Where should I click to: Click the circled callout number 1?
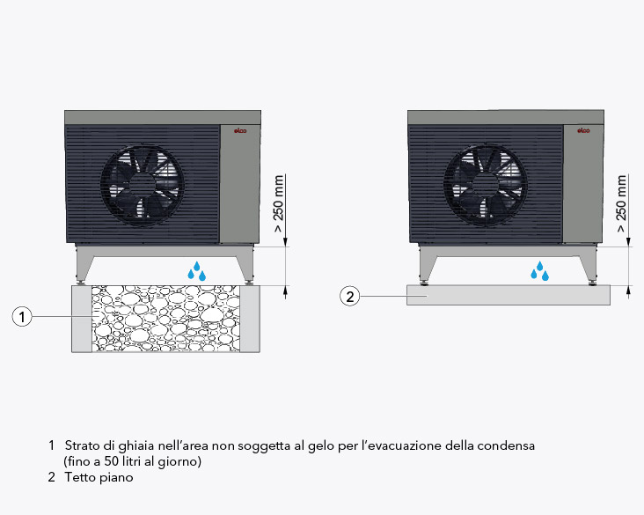point(22,316)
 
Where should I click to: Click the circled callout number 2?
point(349,296)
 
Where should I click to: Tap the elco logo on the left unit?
point(240,130)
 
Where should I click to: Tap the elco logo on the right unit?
point(583,130)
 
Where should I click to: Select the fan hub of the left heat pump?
point(143,185)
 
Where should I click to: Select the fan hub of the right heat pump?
point(486,185)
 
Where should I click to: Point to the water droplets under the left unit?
point(197,271)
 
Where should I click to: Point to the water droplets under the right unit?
point(539,271)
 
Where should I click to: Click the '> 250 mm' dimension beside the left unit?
point(279,203)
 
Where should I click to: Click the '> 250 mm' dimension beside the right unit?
point(621,203)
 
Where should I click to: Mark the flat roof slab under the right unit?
point(508,295)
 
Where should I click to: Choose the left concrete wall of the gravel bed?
point(82,319)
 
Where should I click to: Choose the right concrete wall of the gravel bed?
point(250,319)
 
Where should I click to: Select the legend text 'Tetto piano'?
point(99,477)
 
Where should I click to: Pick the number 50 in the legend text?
point(111,461)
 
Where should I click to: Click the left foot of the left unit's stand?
point(81,282)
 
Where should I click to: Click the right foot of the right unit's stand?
point(591,282)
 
